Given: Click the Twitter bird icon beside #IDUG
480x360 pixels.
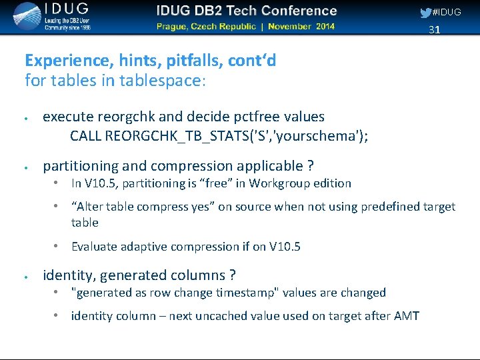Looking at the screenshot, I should click(425, 12).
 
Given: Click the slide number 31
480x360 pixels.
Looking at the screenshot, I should click(434, 30).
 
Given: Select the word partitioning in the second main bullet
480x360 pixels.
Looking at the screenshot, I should click(81, 165).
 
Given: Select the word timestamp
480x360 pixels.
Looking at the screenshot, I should click(255, 293).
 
